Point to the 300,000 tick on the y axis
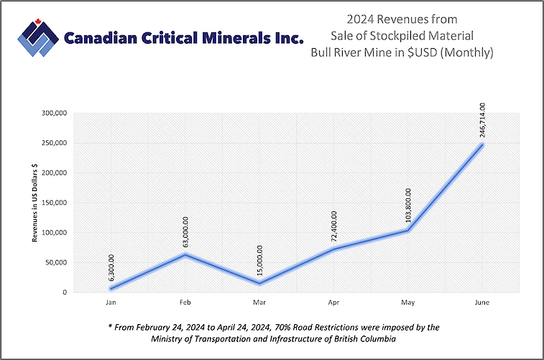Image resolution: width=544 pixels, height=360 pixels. click(54, 113)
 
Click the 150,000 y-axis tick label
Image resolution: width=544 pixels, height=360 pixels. click(54, 203)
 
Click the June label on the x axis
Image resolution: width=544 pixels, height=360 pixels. click(481, 303)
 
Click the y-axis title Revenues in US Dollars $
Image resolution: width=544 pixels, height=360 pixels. click(34, 203)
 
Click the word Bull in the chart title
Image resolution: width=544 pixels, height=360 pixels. click(322, 52)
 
